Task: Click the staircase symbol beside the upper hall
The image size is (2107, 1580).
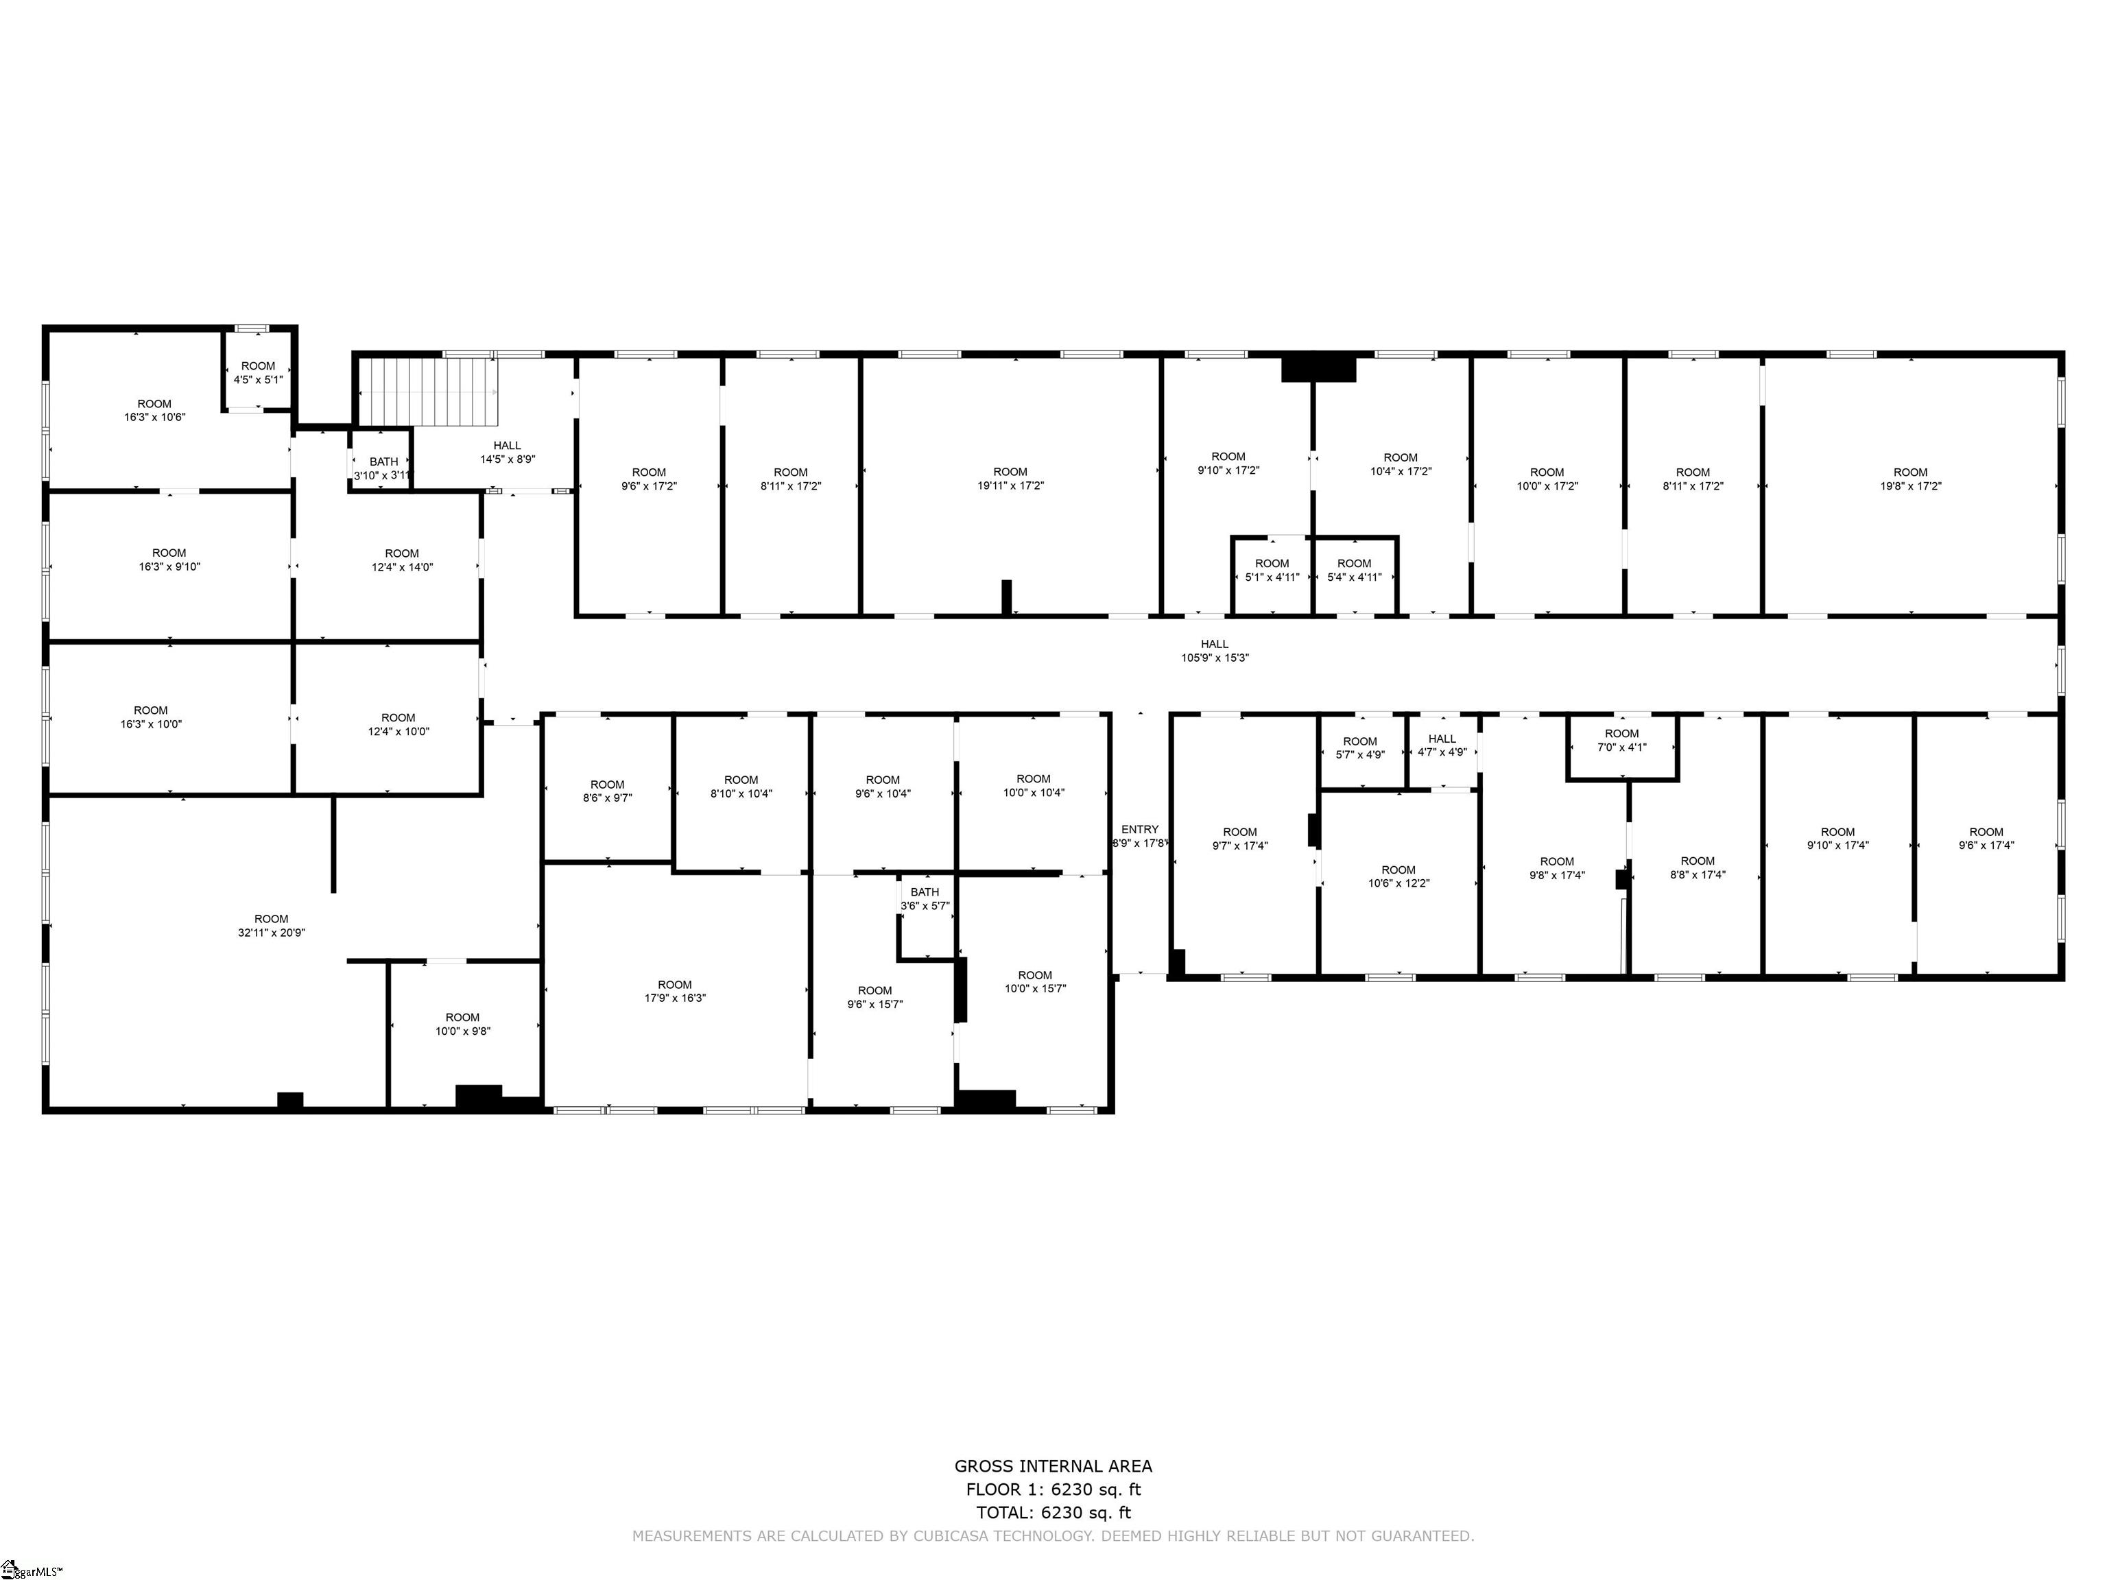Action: (429, 392)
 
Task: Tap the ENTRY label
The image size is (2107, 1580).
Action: (1139, 830)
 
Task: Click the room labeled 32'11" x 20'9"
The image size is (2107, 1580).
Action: (272, 926)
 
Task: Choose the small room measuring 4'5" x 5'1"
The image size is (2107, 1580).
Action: (258, 372)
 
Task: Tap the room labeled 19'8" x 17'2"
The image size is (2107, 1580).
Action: (1910, 478)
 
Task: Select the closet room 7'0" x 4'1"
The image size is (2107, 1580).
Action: (1621, 740)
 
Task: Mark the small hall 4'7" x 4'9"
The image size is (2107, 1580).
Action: (1442, 745)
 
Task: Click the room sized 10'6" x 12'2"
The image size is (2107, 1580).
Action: (1398, 876)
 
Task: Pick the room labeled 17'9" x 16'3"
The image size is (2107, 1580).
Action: (674, 992)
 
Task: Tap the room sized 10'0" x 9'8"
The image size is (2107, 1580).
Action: (463, 1024)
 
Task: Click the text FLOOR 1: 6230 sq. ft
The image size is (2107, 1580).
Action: (1053, 1489)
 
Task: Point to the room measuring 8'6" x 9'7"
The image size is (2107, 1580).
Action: (607, 791)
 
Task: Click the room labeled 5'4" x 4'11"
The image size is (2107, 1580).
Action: (1353, 569)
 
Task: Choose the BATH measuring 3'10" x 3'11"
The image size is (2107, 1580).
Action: (383, 468)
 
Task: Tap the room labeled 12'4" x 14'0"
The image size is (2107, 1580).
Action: (402, 560)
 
